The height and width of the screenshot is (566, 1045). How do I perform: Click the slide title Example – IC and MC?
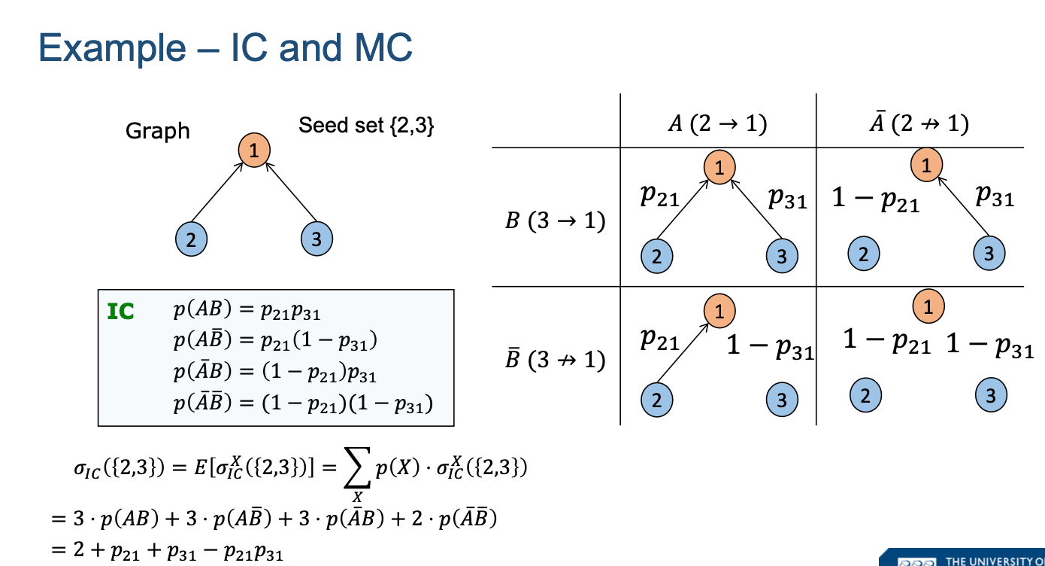coord(226,48)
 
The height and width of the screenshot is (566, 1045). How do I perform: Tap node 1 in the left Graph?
coord(254,151)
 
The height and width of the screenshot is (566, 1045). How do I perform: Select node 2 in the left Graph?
coord(191,240)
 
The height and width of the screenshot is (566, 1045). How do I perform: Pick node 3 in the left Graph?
coord(317,240)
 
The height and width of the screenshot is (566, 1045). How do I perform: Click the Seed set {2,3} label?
coord(366,125)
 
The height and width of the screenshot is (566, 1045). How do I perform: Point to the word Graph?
coord(158,131)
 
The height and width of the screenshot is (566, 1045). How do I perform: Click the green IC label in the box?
coord(121,312)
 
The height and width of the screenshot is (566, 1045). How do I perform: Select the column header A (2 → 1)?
coord(717,123)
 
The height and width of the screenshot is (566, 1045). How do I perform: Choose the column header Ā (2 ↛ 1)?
coord(919,123)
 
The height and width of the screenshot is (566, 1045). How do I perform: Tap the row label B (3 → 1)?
coord(556,222)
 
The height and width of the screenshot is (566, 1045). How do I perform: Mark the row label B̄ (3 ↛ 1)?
coord(556,360)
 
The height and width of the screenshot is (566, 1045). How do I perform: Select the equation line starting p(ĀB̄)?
coord(303,403)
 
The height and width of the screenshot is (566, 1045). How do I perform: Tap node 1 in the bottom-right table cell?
coord(928,306)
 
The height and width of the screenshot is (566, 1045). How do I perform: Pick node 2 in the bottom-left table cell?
coord(657,399)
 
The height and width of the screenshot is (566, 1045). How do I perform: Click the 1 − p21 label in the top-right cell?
coord(875,199)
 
